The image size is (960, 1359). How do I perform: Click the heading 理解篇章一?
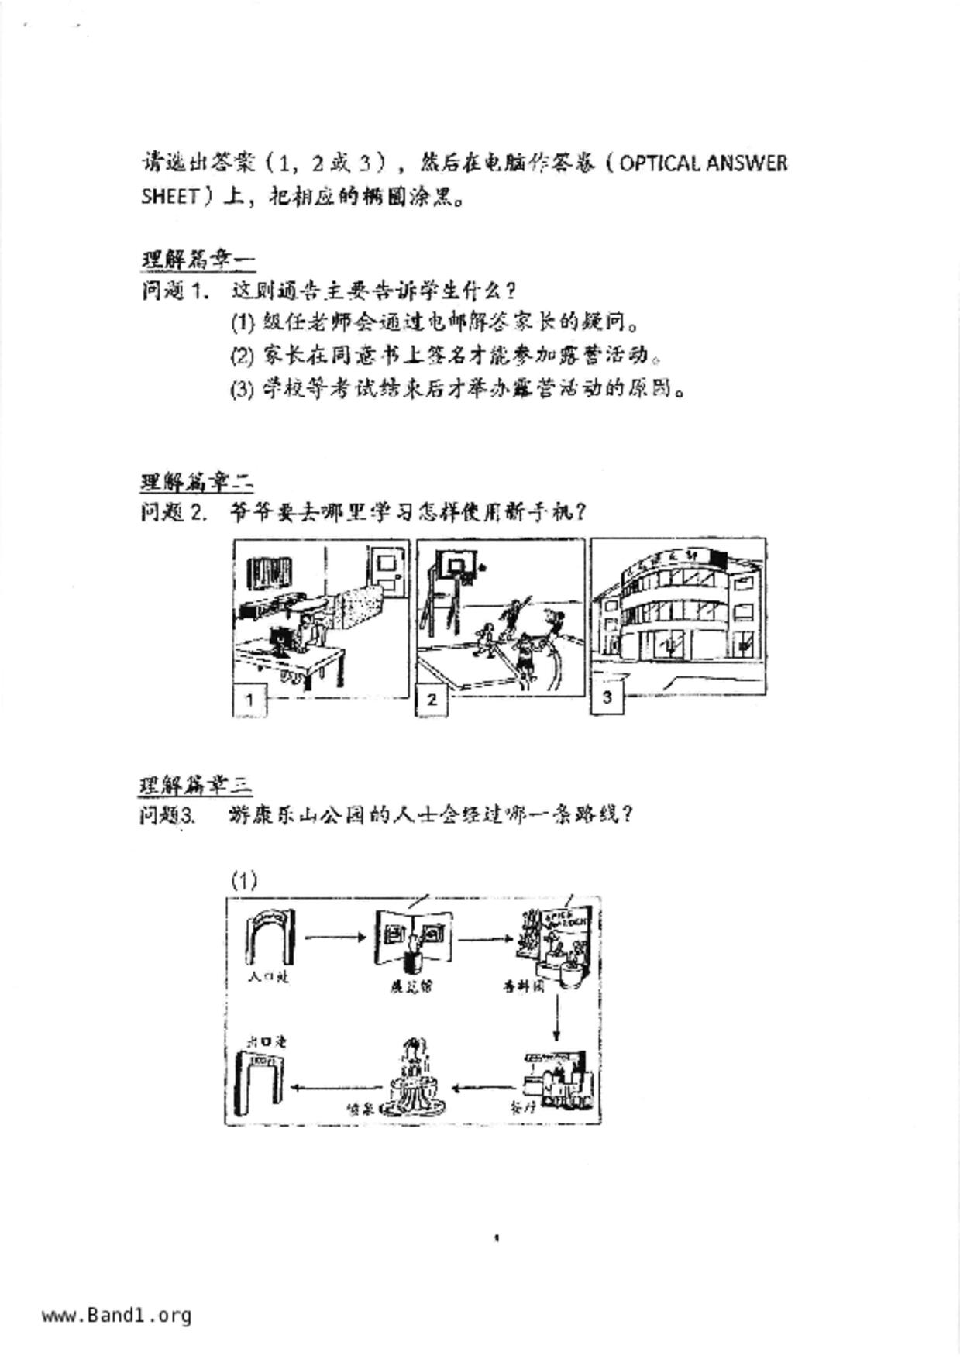coord(198,259)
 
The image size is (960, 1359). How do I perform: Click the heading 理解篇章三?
coord(195,784)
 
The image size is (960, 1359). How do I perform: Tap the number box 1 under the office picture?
coord(249,700)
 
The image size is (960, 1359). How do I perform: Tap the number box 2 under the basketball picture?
coord(432,699)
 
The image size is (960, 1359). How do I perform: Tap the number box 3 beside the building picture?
coord(607,697)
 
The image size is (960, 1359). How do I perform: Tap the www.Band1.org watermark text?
coord(116,1316)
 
